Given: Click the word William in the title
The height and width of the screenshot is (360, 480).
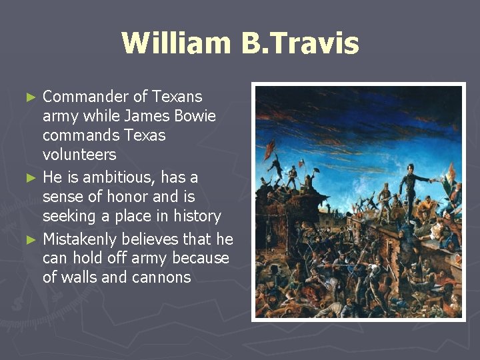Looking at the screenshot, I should pyautogui.click(x=174, y=43).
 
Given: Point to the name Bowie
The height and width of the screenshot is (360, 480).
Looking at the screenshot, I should pyautogui.click(x=193, y=117).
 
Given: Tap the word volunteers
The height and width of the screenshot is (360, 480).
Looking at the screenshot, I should pyautogui.click(x=79, y=155).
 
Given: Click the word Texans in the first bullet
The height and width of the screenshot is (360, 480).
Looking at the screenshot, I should pyautogui.click(x=176, y=97).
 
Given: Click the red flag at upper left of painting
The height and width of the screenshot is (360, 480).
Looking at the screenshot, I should pyautogui.click(x=269, y=148).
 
